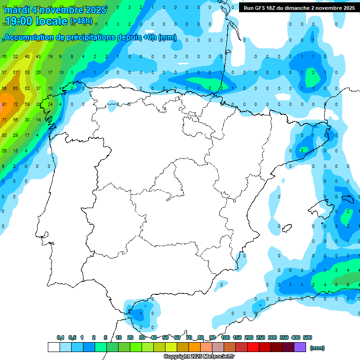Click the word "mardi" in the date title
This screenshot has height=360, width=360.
point(17,10)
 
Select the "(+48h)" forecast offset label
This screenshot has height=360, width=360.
point(81,21)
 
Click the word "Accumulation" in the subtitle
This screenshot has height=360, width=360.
point(30,37)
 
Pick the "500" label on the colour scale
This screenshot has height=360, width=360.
point(307,337)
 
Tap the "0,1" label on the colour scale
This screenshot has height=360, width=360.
point(60,337)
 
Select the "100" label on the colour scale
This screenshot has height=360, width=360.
point(225,337)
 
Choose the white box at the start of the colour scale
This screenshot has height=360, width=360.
point(53,347)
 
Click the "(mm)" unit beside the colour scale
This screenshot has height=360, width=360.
point(317,348)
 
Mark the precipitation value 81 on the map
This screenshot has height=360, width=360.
point(4,104)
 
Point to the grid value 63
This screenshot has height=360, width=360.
point(15,88)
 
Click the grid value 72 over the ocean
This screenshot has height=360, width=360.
point(15,104)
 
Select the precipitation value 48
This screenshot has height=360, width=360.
point(27,57)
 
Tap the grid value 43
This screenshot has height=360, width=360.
point(38,57)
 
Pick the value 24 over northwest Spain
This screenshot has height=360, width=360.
point(50,104)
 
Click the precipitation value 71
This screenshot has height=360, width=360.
point(4,120)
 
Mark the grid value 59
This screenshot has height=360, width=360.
point(27,104)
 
